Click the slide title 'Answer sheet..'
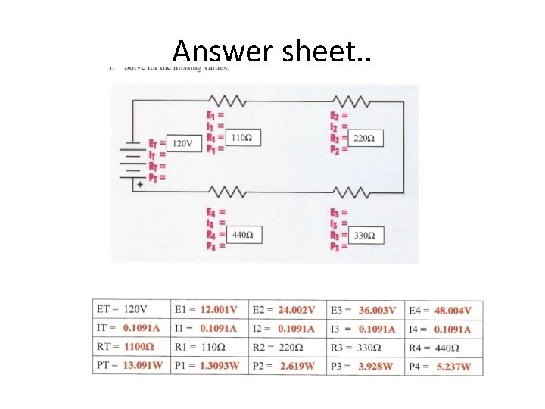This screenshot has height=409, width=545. coord(272,51)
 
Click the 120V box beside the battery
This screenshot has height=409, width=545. coord(182,143)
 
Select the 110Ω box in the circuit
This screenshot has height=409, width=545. coord(241,138)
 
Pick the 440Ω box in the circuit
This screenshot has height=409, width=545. coord(241,236)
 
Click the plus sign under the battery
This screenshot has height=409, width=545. coord(139,183)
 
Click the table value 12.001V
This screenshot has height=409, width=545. coord(219,310)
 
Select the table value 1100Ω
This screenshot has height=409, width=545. coord(139,348)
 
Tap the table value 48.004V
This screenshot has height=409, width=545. coord(453,311)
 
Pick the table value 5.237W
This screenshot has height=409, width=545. coord(454,367)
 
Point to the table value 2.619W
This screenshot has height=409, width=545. coord(297,367)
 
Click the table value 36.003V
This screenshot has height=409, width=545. coord(377,311)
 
